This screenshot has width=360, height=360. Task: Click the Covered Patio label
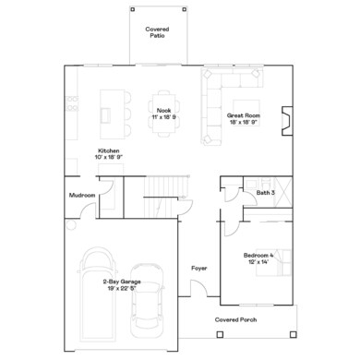point(157,32)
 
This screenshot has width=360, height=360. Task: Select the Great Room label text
point(245,115)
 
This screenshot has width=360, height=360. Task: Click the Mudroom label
point(83,195)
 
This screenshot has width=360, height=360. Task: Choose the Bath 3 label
point(266,193)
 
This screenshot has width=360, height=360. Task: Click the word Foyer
point(199,269)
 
